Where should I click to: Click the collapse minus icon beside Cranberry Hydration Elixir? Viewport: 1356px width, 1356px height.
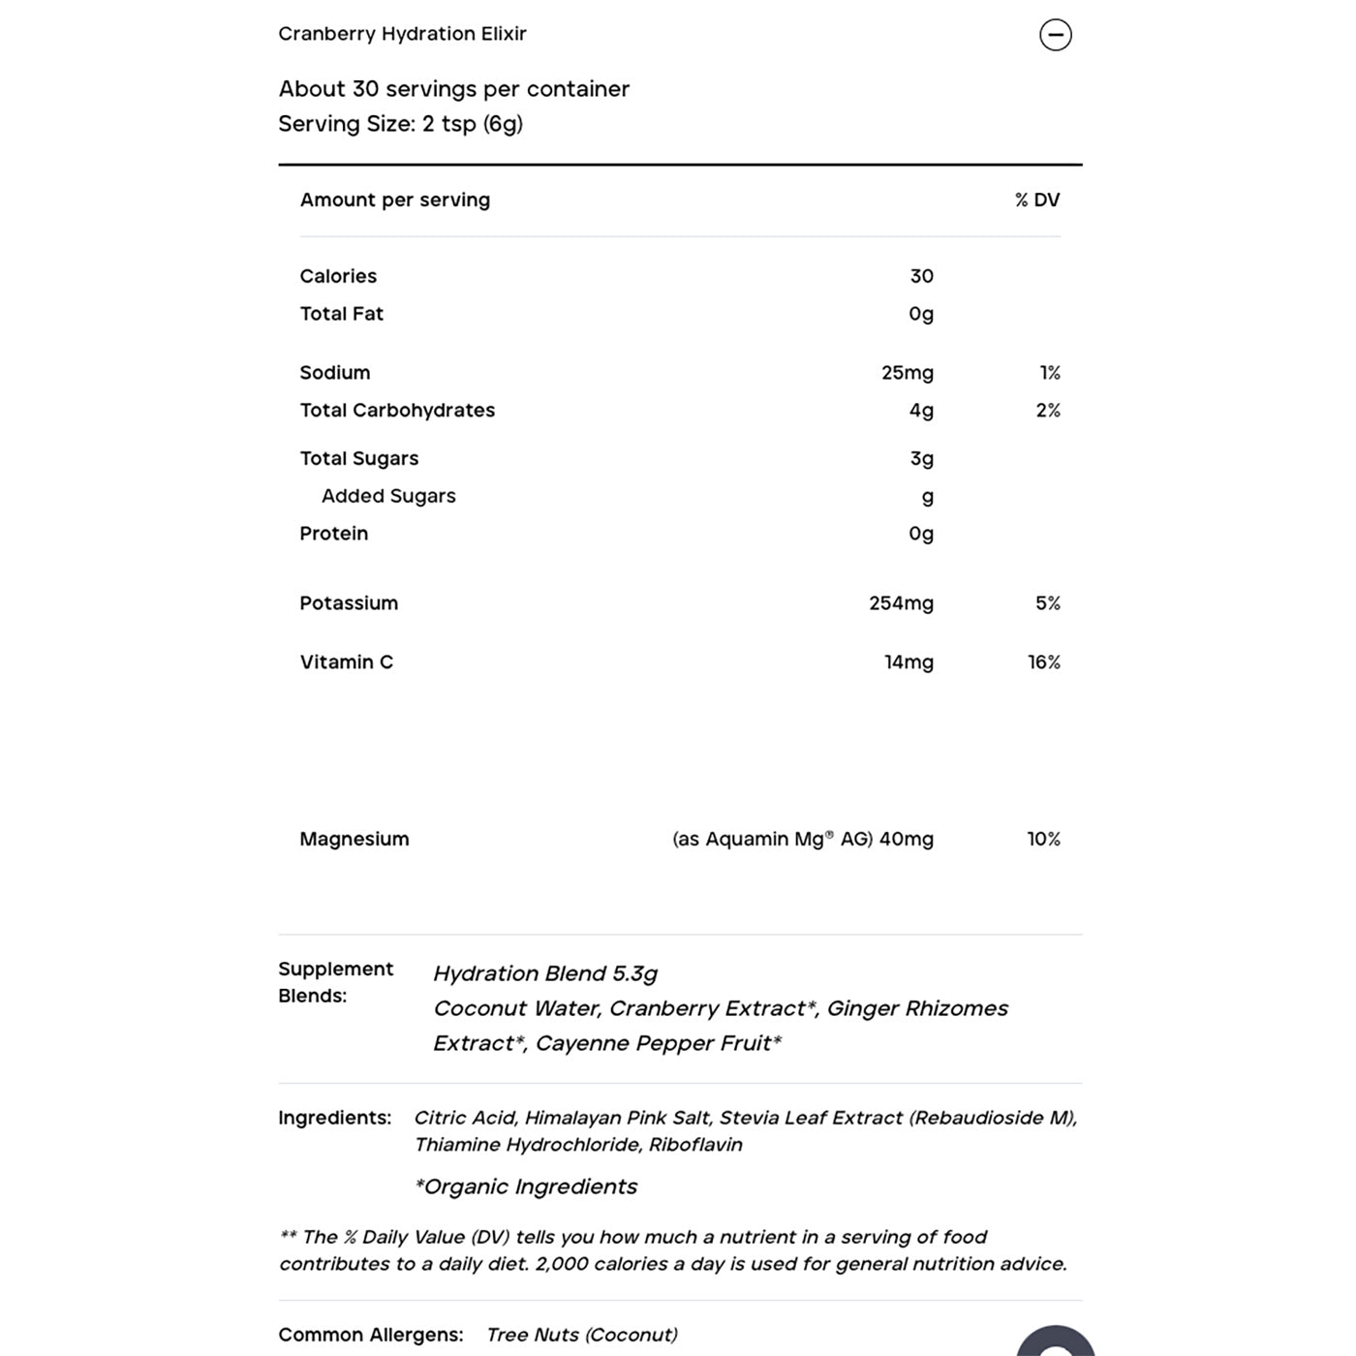1055,35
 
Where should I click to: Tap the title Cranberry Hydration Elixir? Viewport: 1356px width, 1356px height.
402,34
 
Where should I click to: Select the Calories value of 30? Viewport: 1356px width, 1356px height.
921,276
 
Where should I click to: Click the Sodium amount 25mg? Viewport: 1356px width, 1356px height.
907,373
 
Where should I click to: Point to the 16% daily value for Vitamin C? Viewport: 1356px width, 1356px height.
1043,663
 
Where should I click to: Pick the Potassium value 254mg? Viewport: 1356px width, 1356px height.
901,603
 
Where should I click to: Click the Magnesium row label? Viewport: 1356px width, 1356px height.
354,839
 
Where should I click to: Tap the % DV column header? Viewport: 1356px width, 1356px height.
1036,200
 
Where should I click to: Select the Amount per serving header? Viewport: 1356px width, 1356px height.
394,200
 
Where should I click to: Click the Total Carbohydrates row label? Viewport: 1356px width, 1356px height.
397,411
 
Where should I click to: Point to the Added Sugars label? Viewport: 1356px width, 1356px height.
388,496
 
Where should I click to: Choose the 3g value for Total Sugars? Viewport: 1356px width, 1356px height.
921,459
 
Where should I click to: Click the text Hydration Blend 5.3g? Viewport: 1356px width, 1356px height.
545,973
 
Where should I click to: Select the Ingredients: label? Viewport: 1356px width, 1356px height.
334,1118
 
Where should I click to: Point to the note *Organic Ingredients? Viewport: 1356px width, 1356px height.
526,1186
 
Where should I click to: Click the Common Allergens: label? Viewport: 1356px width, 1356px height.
370,1335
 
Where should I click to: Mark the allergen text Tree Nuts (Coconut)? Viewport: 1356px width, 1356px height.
581,1335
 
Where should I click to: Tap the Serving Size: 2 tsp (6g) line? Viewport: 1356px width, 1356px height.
400,124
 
